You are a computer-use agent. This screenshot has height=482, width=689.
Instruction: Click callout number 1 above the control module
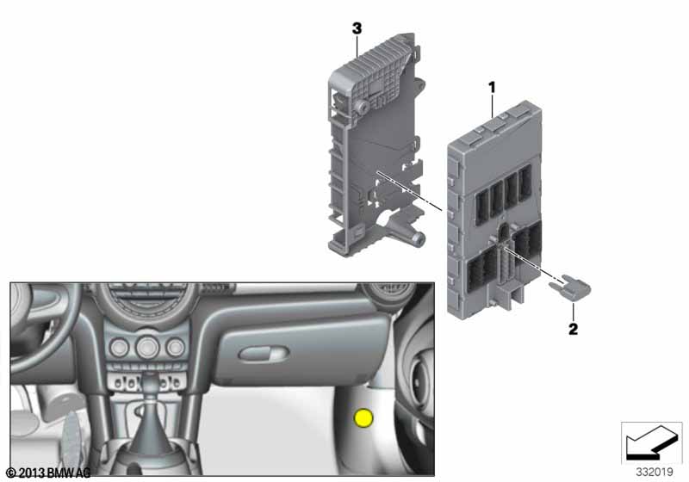coord(492,87)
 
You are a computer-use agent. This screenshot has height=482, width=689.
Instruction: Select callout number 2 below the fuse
coord(573,329)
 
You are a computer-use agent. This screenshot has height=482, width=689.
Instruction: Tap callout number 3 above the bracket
coord(357,28)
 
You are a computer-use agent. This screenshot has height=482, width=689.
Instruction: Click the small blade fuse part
coord(570,290)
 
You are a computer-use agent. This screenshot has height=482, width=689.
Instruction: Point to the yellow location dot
coord(363,418)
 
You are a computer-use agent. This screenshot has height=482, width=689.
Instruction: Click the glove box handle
coord(264,354)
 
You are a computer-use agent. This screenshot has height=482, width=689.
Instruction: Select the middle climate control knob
coord(147,348)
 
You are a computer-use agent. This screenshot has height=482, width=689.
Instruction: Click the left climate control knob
coord(119,348)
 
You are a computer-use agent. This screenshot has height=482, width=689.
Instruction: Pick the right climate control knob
coord(176,347)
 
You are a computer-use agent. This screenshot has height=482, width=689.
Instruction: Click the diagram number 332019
coord(655,472)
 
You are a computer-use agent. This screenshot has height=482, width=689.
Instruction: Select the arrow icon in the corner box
coord(651,442)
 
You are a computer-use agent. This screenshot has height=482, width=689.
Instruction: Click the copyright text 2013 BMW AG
coord(48,473)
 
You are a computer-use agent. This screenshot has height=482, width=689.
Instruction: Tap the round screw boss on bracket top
coord(361,107)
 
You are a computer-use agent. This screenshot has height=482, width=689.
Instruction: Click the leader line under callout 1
coord(492,106)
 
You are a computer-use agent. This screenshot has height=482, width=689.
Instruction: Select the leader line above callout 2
coord(573,312)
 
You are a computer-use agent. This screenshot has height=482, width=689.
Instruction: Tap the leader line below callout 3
coord(357,46)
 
